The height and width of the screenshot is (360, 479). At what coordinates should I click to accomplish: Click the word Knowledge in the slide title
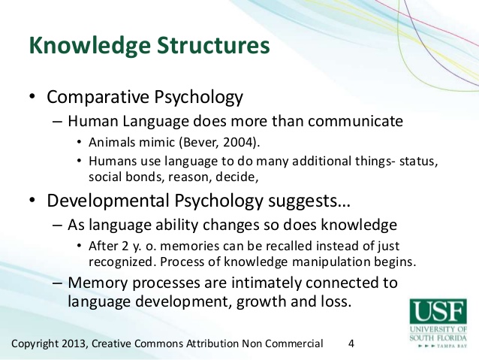tap(90, 46)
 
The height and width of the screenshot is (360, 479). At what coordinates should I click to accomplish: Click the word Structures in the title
tap(213, 45)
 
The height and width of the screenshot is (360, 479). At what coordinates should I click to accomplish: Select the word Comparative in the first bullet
tap(98, 97)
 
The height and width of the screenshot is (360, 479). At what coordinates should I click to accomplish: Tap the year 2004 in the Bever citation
tap(239, 142)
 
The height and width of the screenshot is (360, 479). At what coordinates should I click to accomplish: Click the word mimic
tap(157, 143)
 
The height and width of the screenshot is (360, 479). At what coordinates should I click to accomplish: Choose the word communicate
tap(355, 121)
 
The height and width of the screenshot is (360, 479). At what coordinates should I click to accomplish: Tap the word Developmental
tap(108, 201)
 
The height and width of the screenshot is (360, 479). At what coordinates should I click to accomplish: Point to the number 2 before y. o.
tap(125, 247)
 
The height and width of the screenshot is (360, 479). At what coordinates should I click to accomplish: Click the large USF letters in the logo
tap(438, 310)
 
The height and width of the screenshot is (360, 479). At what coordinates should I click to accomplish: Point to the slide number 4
tap(351, 343)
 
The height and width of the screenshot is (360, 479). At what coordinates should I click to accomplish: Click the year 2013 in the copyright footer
tap(74, 343)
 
